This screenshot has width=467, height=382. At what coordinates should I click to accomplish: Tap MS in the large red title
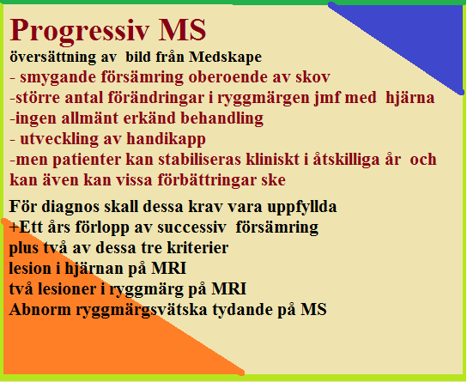pos(182,30)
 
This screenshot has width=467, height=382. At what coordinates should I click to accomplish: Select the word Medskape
pos(225,58)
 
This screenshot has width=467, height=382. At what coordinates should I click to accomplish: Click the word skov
pos(312,77)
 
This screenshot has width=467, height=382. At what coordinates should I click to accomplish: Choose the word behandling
pos(221,118)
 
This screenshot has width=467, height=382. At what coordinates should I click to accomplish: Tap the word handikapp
pos(167,139)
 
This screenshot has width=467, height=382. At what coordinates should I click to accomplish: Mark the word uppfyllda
pos(302,207)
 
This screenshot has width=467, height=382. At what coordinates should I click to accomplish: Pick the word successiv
pos(191,227)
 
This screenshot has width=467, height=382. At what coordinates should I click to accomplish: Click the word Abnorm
pos(40,310)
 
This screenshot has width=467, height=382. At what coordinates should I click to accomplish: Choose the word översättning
pos(52,58)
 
